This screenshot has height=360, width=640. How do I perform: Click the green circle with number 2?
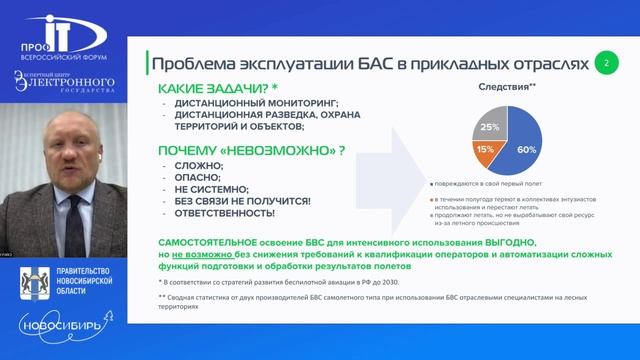606,62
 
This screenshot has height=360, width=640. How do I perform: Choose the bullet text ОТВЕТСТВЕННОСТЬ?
226,213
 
